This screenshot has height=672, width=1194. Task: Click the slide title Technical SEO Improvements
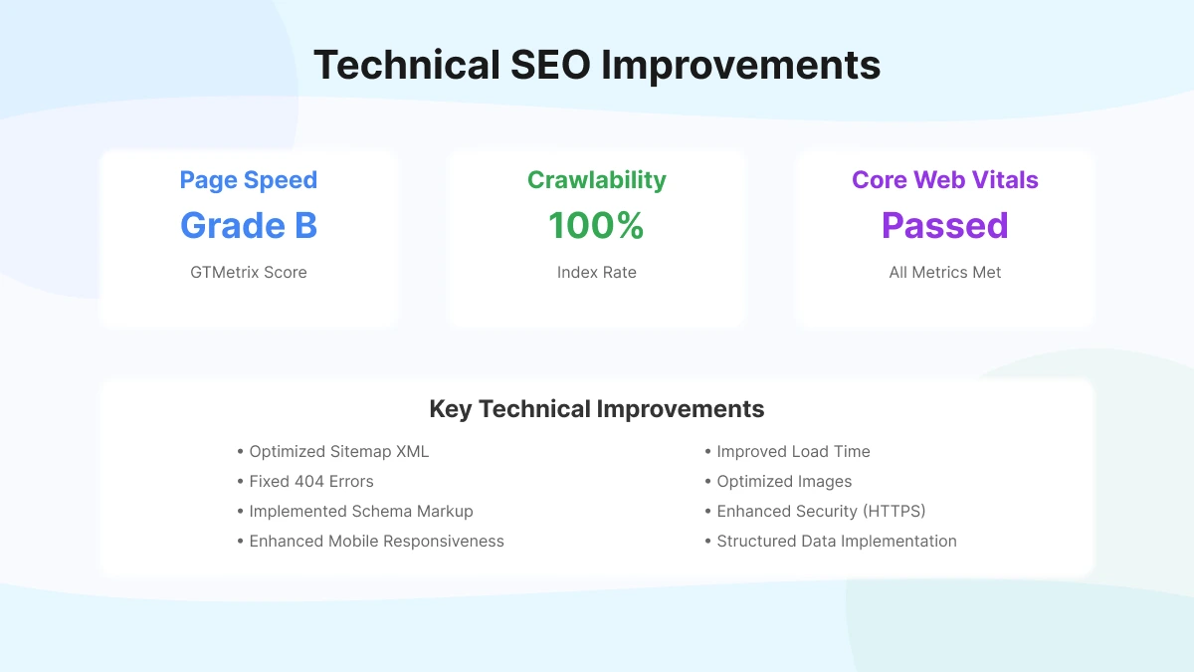click(x=597, y=66)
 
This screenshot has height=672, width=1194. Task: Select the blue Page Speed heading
click(x=249, y=180)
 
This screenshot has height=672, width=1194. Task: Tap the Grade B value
click(x=249, y=226)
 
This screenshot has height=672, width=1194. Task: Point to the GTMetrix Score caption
click(x=249, y=272)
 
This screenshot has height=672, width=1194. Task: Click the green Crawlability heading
click(x=597, y=180)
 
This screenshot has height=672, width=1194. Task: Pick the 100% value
click(x=597, y=226)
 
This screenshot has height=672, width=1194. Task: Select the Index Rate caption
click(x=597, y=272)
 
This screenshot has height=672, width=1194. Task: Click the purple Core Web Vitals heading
click(x=945, y=180)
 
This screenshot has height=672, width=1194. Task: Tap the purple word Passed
click(x=945, y=226)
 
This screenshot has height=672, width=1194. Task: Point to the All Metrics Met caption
click(x=945, y=272)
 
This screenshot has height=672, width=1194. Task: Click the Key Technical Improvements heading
click(x=597, y=409)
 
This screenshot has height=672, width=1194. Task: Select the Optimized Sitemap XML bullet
click(x=338, y=452)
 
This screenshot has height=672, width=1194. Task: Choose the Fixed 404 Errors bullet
click(x=310, y=482)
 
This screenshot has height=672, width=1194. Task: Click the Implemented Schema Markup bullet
click(x=360, y=512)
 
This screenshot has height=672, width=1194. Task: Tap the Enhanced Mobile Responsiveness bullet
click(x=376, y=542)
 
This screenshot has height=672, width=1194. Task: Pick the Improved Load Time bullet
click(x=793, y=452)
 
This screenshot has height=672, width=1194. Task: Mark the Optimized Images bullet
click(x=784, y=482)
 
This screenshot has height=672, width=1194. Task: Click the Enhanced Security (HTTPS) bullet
click(x=821, y=512)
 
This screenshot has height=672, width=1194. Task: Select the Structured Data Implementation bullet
click(x=836, y=542)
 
